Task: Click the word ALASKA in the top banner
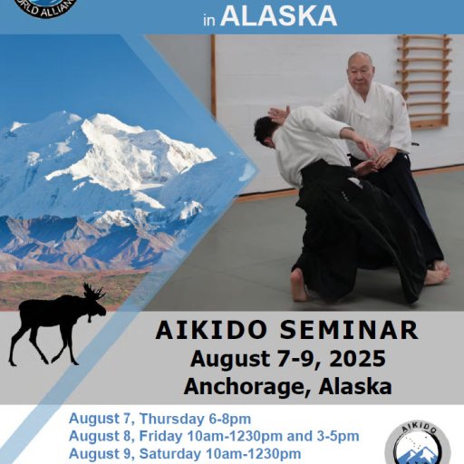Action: pos(279,14)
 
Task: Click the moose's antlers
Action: pos(92,293)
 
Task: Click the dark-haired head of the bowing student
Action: pos(264,130)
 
